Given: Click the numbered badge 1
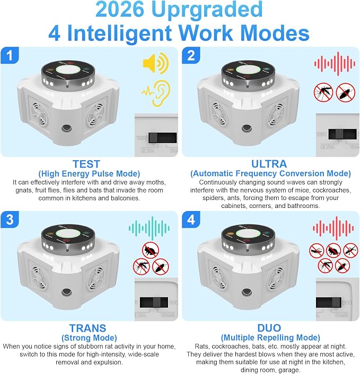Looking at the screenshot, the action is pos(10,56).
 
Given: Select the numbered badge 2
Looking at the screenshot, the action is pos(191,56).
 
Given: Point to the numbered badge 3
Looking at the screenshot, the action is pos(10,220).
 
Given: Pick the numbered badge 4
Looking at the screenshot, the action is pos(191,220).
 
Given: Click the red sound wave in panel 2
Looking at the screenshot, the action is pos(335,64).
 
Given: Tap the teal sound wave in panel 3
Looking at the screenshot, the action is pos(149,228).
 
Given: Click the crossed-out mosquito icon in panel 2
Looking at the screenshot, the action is pos(323,92).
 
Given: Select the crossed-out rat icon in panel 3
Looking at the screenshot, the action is pos(151,250).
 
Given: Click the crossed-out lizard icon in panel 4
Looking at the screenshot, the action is pos(350,250).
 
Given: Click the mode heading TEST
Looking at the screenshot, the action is pos(86,164).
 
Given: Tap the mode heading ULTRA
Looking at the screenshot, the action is pos(269,164).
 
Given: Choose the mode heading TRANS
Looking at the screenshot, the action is pos(87,328).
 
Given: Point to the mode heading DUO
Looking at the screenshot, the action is pos(269,328).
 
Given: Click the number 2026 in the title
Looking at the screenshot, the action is pos(119,10).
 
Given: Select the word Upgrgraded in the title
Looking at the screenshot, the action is pos(207,11).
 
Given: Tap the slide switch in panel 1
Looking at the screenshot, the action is pos(163,138).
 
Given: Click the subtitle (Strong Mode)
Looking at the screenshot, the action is pos(89,338).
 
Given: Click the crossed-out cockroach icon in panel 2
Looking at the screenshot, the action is pos(346,92).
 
